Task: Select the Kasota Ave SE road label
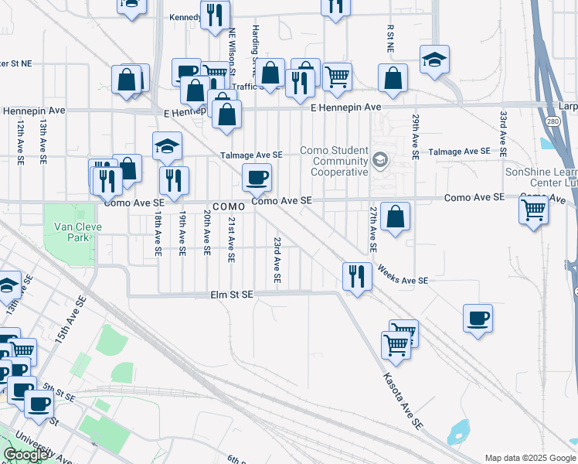coord(404,401)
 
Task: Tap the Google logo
coord(25,455)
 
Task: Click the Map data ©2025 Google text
coord(530,458)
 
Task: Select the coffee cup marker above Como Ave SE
coord(257,178)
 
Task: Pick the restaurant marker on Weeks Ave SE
coord(356,276)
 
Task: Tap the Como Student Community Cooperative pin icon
coord(379,160)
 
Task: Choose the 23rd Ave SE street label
coord(276,260)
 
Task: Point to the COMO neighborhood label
coord(229,207)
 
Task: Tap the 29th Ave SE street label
coord(416,136)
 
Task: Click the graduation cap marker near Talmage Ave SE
coord(167,146)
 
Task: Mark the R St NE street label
coord(390,37)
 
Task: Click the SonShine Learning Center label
coord(541,177)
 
